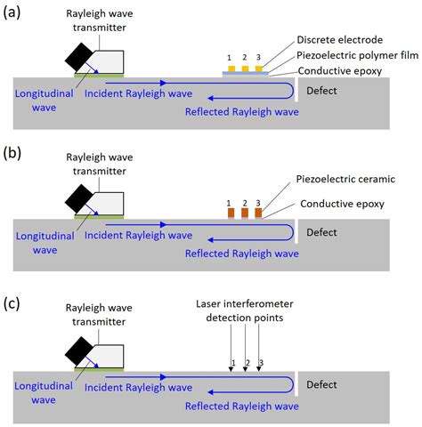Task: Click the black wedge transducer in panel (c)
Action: (78, 347)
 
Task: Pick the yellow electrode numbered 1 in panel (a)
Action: (230, 69)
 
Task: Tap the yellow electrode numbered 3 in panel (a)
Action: (257, 69)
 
